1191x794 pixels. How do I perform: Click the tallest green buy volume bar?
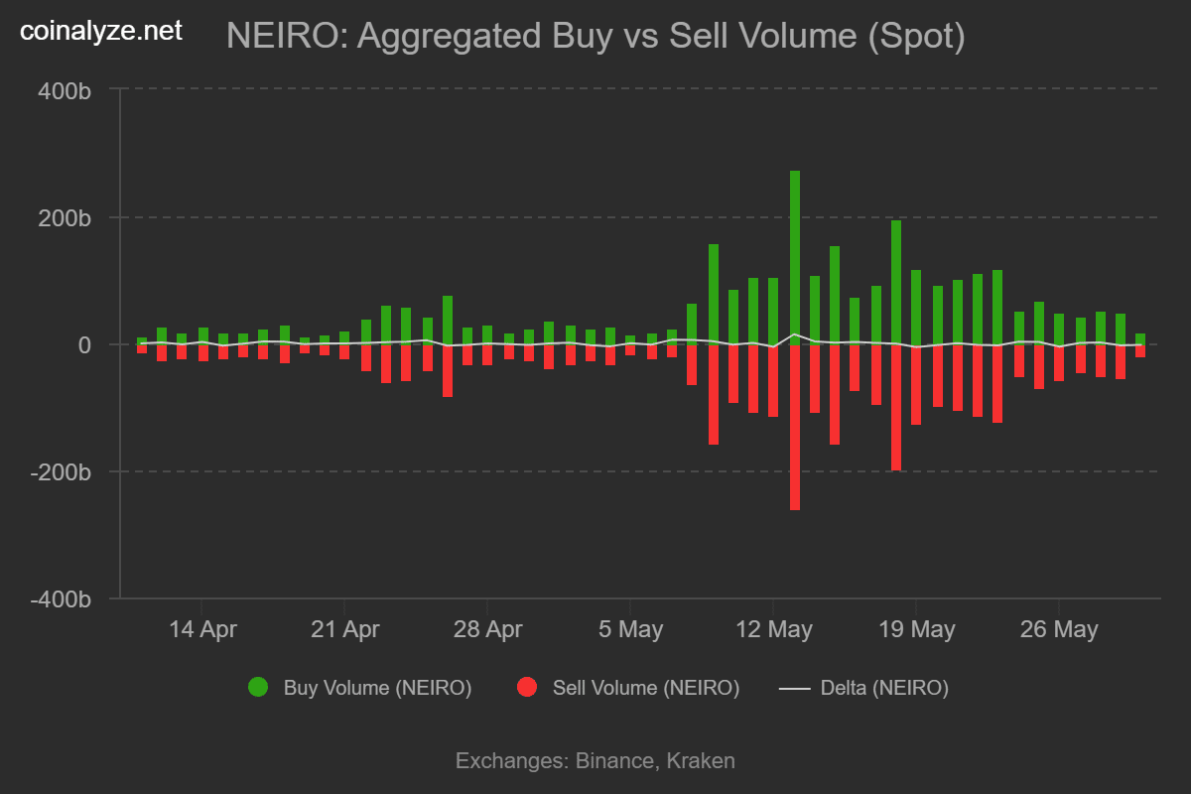(794, 258)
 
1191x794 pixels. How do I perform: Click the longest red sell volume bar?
(794, 427)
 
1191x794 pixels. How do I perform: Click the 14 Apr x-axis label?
(202, 629)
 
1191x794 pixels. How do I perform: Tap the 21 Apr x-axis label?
(344, 629)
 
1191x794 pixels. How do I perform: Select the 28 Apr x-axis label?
(487, 629)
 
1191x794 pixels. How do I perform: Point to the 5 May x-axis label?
(630, 629)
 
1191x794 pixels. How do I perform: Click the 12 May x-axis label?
(773, 629)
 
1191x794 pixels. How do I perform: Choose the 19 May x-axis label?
(916, 629)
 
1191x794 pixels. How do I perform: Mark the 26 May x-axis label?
(1059, 629)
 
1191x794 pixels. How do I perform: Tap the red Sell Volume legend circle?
(528, 687)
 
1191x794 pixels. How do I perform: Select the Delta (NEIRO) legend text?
(884, 687)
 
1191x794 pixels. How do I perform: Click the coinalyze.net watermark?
(101, 31)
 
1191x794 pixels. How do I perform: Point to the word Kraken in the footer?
(701, 761)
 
